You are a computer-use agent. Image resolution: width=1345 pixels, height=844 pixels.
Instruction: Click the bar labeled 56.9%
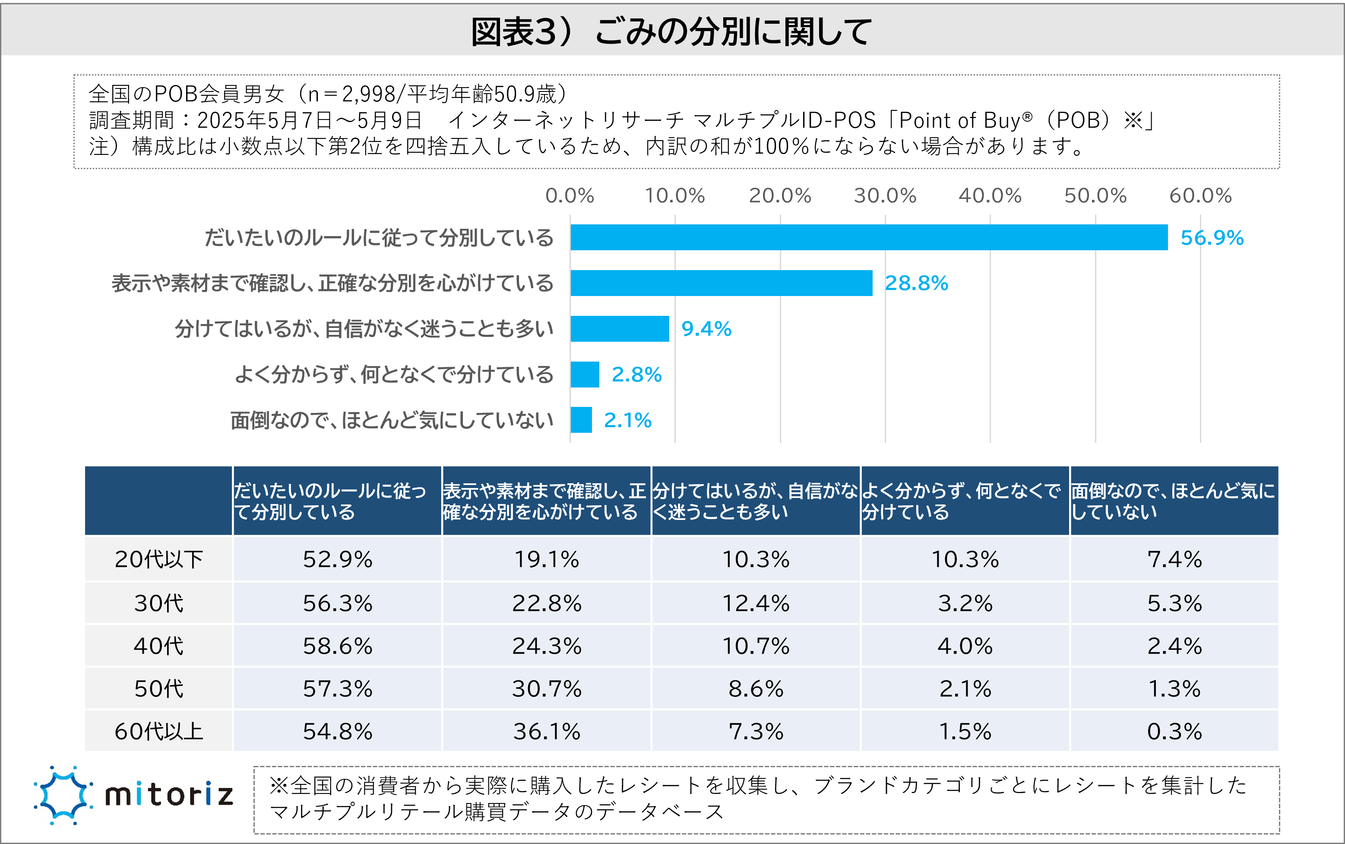tap(869, 237)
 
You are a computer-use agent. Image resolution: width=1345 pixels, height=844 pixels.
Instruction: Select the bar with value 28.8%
tap(721, 283)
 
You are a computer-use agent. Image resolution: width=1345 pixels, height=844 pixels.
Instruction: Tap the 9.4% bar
tap(620, 329)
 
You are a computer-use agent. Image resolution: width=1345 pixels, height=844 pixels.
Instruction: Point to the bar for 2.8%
tap(585, 375)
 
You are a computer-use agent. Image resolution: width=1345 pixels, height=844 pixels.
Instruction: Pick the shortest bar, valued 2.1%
tap(581, 420)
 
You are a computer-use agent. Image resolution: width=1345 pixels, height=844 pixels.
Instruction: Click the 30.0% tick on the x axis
tap(885, 196)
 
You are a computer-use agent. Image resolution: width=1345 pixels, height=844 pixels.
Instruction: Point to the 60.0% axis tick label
tap(1200, 196)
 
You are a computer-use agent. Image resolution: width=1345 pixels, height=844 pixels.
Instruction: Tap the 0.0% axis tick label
tap(569, 196)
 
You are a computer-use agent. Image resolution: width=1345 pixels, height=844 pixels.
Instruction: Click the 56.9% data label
tap(1212, 238)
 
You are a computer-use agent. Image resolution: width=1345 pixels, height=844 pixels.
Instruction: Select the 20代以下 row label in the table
tap(158, 559)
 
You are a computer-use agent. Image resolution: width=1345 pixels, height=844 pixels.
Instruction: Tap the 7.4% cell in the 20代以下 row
tap(1174, 559)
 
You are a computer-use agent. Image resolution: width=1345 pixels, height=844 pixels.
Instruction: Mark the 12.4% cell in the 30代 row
tap(756, 603)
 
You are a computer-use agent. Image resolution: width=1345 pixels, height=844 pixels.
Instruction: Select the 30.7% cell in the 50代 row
tap(546, 689)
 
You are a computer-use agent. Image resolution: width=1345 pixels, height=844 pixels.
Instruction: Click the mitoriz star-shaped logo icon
tap(63, 795)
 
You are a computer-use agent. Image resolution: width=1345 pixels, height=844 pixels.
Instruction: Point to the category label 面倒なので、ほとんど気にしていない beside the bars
tap(392, 420)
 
